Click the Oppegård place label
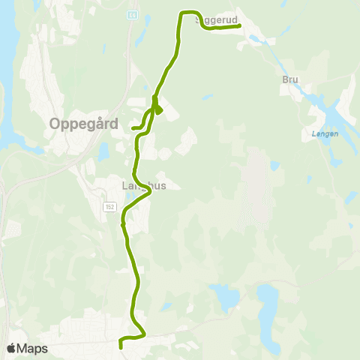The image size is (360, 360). click(x=84, y=124)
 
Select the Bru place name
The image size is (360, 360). click(x=291, y=79)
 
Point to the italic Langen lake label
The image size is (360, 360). click(x=324, y=135)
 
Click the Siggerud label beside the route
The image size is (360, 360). click(x=218, y=20)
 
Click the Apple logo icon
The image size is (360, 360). click(x=11, y=348)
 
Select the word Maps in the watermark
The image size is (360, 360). click(x=33, y=348)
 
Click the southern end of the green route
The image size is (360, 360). click(x=121, y=346)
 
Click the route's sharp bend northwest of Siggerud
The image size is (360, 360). click(x=181, y=13)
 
